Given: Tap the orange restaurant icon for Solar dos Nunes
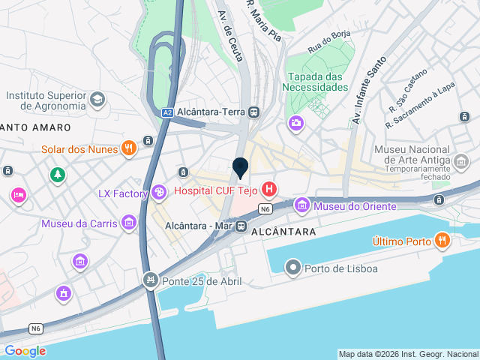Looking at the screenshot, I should [x=128, y=148].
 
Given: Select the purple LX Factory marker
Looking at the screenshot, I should [x=158, y=193].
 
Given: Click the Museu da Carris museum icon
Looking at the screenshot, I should [x=128, y=223].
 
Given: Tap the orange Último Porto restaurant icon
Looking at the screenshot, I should [x=442, y=241].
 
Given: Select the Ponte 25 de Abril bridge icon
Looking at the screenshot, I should [x=150, y=280].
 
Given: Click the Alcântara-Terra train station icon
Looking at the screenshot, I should [x=254, y=112].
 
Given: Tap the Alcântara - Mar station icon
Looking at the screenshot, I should [x=241, y=225].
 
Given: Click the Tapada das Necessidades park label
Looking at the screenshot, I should [x=316, y=81].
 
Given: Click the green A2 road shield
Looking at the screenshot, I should [x=168, y=112].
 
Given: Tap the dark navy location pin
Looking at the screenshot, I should [x=241, y=168].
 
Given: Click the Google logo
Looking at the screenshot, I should [x=25, y=350].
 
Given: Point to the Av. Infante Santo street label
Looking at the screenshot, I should [x=368, y=90].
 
